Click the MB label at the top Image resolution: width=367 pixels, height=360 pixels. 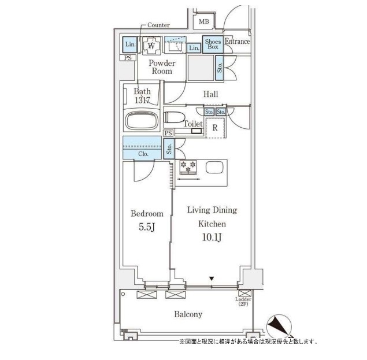tap(203, 22)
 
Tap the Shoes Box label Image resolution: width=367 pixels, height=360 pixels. tap(213, 44)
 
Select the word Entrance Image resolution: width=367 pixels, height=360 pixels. tap(237, 42)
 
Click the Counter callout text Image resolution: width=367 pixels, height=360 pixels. tap(158, 25)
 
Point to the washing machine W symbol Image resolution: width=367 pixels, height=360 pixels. tap(151, 45)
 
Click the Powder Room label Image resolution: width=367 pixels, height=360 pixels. tap(161, 67)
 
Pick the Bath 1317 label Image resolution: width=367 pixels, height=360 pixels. tap(142, 96)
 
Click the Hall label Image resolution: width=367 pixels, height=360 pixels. tap(210, 94)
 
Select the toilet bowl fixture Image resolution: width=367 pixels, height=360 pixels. tap(173, 118)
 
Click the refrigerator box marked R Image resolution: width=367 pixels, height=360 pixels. tap(214, 128)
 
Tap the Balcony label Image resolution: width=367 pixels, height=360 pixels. tap(188, 314)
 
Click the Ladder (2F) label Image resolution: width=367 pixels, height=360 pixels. tap(244, 302)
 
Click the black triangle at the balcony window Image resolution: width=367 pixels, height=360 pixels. tap(212, 279)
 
